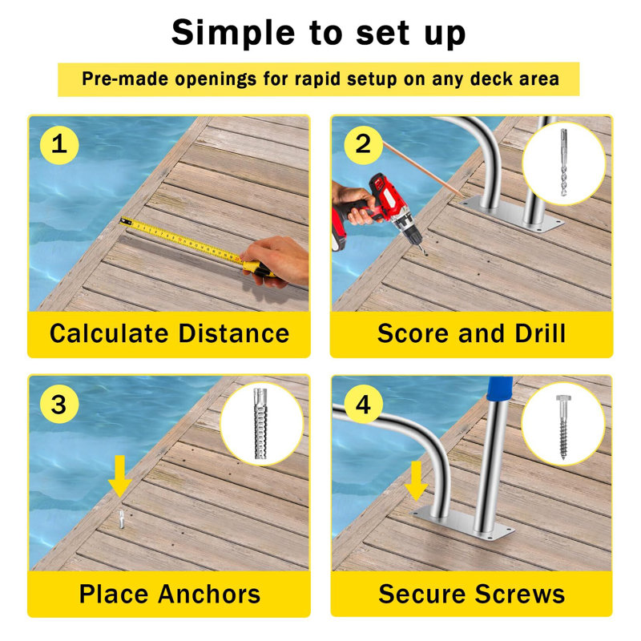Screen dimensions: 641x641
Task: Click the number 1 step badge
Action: pyautogui.click(x=59, y=145)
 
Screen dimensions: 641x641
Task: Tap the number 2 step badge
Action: pyautogui.click(x=363, y=145)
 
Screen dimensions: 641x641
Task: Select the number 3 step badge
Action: pyautogui.click(x=59, y=405)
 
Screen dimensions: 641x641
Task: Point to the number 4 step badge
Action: pyautogui.click(x=363, y=405)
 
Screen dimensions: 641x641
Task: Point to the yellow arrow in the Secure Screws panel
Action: pyautogui.click(x=416, y=479)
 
